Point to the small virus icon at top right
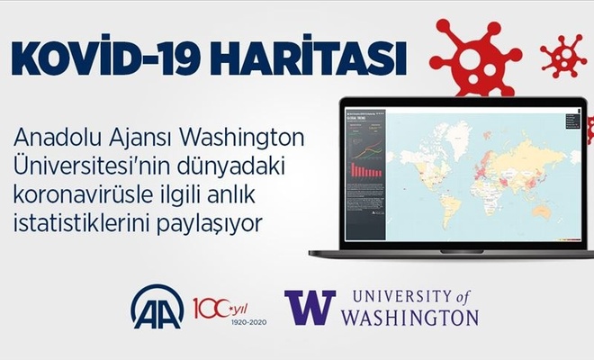[563, 56]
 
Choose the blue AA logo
[157, 306]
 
